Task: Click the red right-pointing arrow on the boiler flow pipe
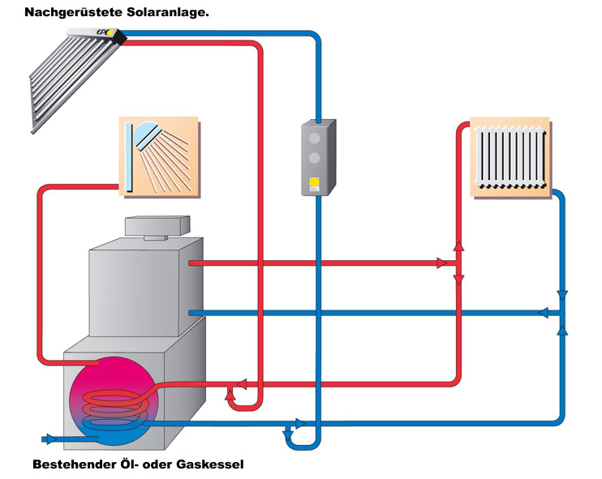(441, 263)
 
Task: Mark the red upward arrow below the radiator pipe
(458, 247)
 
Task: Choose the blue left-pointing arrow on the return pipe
(544, 313)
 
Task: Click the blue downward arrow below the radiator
(561, 296)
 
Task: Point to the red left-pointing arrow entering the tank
(239, 383)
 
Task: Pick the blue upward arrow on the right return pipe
(561, 330)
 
